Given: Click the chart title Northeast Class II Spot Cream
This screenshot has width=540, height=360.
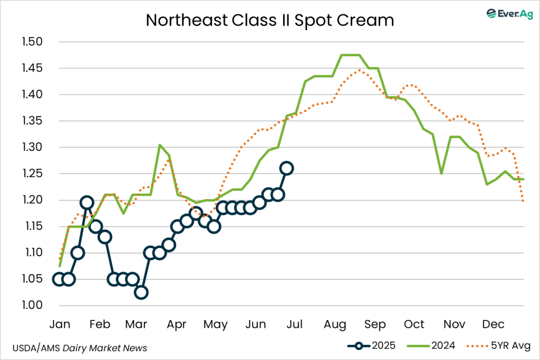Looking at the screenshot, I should click(x=269, y=20).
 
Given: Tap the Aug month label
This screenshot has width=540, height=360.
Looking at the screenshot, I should click(x=335, y=324).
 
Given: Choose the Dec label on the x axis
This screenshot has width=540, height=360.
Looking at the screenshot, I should click(x=495, y=324).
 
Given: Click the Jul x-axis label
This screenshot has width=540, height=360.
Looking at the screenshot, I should click(x=294, y=324).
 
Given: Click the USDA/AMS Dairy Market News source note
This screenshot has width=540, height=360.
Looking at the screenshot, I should click(x=79, y=348).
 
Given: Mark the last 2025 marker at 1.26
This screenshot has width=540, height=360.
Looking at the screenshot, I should click(x=287, y=168).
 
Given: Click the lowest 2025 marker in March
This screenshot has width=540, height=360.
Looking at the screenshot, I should click(x=141, y=293).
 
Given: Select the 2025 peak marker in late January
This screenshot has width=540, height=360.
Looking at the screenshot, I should click(x=87, y=202).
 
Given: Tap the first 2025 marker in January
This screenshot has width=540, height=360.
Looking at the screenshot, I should click(x=59, y=279).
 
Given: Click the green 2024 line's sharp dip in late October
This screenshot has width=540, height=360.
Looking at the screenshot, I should click(x=441, y=173).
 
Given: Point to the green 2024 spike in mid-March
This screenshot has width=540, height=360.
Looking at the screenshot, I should click(x=160, y=145).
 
